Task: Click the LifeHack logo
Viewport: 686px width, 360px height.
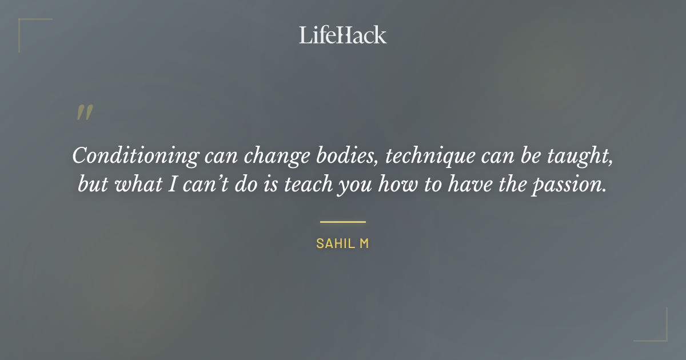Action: tap(343, 35)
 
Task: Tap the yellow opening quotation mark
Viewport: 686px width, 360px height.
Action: tap(84, 113)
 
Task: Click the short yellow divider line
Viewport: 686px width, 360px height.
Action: tap(343, 222)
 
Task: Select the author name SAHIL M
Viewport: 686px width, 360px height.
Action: tap(343, 243)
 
